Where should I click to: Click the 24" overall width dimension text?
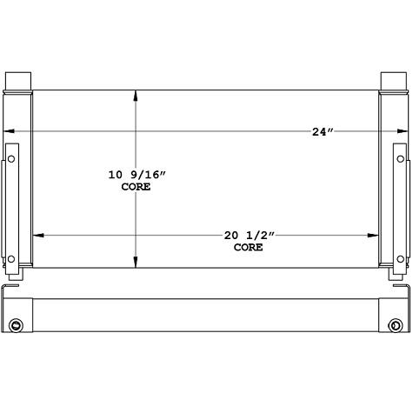pos(323,132)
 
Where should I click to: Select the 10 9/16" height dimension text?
pos(136,175)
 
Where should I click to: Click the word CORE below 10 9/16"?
pos(136,187)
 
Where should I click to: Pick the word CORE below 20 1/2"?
pos(248,247)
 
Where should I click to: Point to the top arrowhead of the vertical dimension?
pos(135,95)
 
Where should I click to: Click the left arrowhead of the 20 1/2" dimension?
pos(37,235)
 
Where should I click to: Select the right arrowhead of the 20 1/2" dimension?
pos(374,235)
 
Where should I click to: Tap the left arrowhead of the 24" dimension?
pos(10,132)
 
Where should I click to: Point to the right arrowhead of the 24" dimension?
pos(402,132)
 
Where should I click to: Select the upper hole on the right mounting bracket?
pos(401,159)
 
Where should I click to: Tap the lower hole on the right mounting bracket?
pos(401,257)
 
